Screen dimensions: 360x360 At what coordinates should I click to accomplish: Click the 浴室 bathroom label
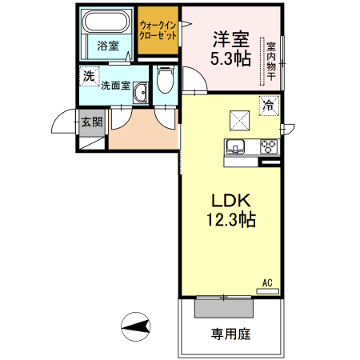[x=108, y=46]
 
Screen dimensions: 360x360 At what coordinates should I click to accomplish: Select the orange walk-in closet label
[x=157, y=31]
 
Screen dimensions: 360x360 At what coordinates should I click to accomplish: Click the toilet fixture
[x=165, y=80]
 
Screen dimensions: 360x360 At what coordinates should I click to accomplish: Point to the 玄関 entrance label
[x=91, y=122]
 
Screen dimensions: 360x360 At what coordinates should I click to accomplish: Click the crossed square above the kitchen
[x=240, y=119]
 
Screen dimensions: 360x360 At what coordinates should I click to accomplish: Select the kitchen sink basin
[x=236, y=146]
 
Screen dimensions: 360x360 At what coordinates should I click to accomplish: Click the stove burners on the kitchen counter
[x=268, y=146]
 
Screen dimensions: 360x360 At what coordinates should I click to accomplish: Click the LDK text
[x=232, y=200]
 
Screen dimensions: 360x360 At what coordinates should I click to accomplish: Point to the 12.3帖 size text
[x=231, y=220]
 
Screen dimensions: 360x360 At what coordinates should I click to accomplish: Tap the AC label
[x=268, y=282]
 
